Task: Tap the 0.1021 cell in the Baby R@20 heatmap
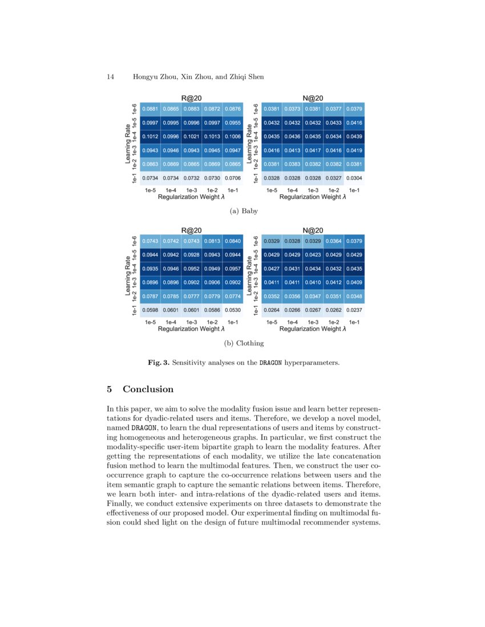[192, 137]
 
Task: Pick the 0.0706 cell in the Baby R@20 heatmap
[233, 178]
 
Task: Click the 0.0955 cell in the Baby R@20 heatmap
[233, 123]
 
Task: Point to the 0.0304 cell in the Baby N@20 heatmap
[355, 178]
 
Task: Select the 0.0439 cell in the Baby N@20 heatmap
[355, 137]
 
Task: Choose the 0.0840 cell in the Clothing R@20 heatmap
[233, 241]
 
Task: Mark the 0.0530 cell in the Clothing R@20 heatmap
[233, 310]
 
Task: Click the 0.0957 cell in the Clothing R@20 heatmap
[233, 268]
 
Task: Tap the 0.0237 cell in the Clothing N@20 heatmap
[355, 310]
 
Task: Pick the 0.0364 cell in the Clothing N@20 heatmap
[334, 241]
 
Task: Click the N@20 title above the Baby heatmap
[313, 98]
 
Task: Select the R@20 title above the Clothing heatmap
[191, 230]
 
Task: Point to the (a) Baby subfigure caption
[243, 211]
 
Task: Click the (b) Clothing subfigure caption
[243, 343]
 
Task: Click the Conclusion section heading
[148, 389]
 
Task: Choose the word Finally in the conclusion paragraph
[120, 504]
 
